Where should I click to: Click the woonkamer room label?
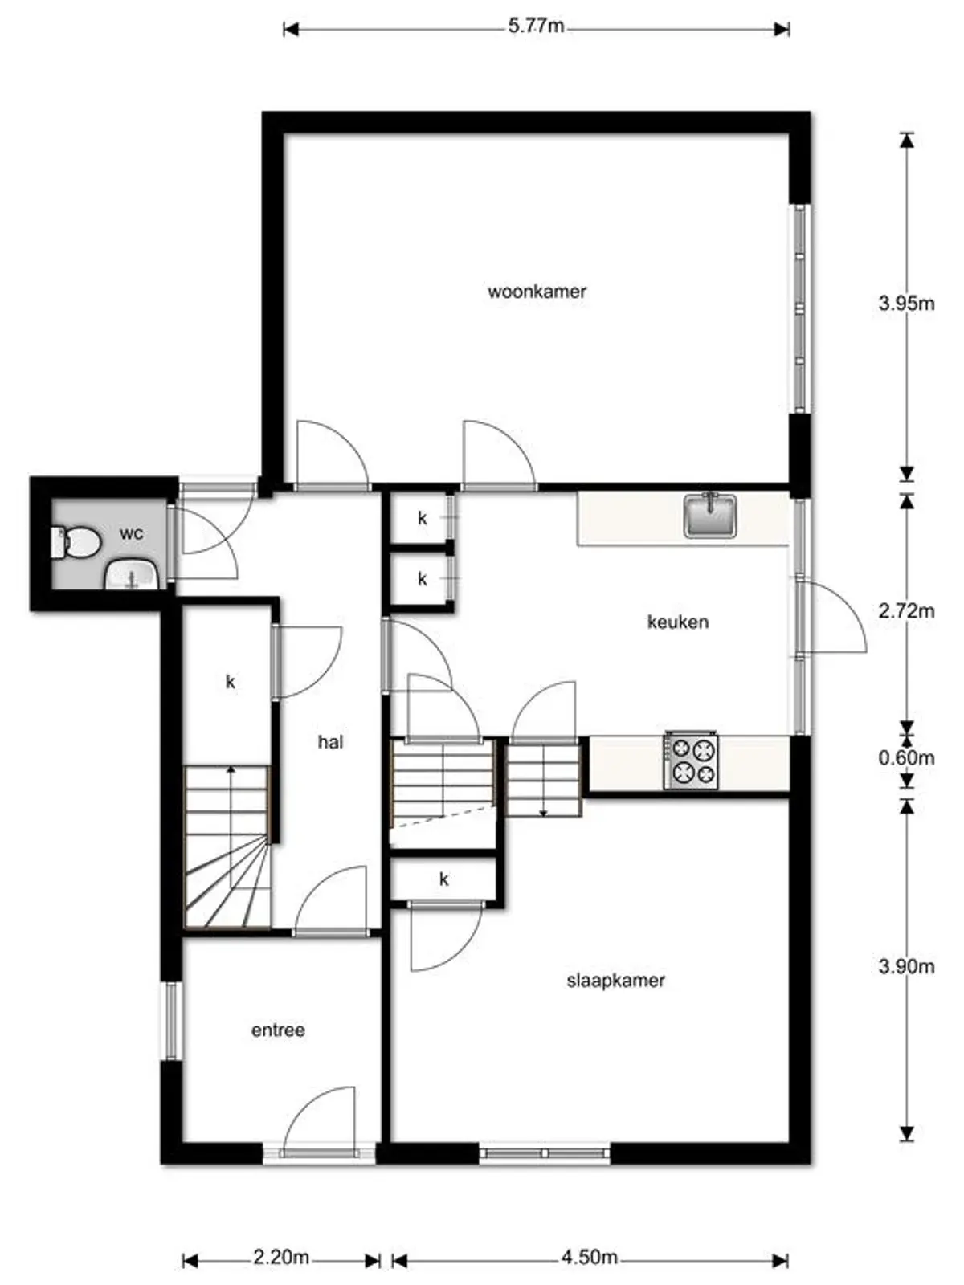(537, 291)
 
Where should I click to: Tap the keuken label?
(678, 621)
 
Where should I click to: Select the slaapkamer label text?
(615, 980)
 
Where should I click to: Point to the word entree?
(278, 1030)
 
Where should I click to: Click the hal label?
(330, 742)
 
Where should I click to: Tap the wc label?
(131, 533)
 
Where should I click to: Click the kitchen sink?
(710, 515)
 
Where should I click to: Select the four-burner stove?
(691, 761)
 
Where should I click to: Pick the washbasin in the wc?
(131, 573)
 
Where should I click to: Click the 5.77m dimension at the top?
(536, 27)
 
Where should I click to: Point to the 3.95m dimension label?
(906, 304)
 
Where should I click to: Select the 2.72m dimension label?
(906, 610)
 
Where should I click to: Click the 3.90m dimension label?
(906, 966)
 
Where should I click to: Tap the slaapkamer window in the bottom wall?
(545, 1153)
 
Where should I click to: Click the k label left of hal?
(231, 681)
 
